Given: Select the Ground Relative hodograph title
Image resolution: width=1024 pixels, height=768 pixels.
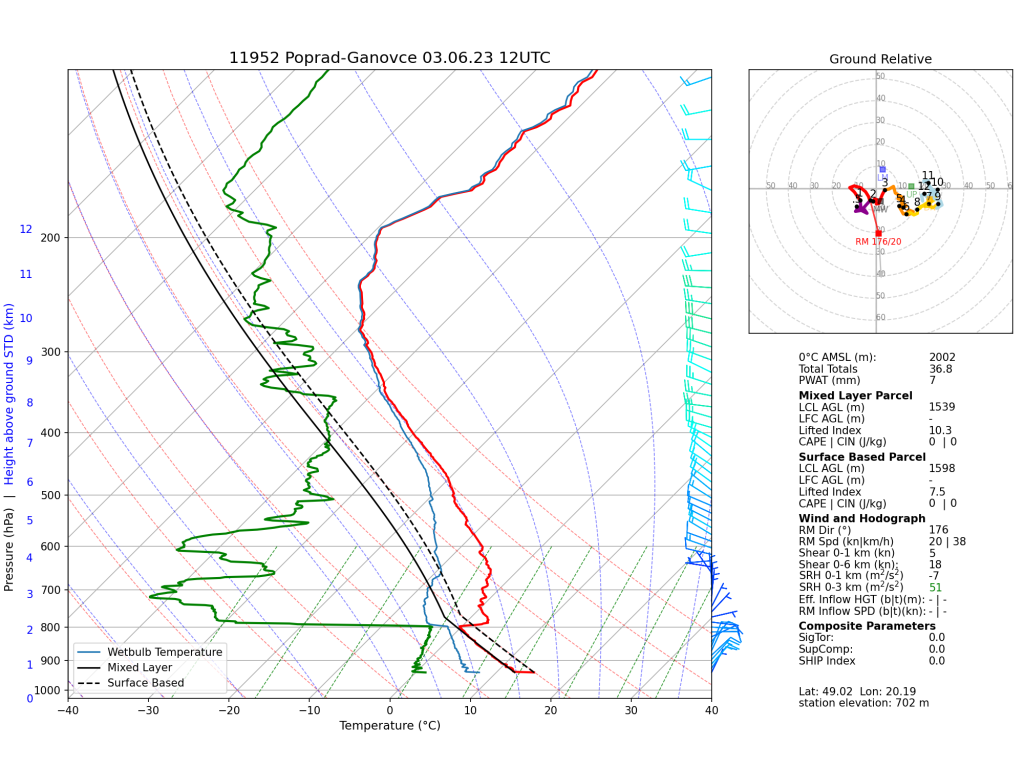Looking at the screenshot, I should pos(880,59).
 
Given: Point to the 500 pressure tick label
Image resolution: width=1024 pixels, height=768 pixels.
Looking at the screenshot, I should pos(51,496).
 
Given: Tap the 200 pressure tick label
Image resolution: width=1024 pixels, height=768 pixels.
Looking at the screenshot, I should pos(51,238).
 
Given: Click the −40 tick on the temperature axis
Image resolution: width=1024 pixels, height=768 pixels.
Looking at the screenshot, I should pos(68,711).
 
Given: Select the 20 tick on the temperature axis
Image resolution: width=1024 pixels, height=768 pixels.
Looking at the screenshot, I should pos(550,711).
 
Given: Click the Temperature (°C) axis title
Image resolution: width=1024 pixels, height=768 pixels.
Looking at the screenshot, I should pos(389,726).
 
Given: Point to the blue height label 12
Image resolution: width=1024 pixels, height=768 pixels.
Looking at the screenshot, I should pos(26,230).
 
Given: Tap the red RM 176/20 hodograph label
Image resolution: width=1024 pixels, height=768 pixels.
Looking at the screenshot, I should pos(878,242).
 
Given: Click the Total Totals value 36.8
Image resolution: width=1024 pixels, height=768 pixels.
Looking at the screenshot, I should pos(940,369).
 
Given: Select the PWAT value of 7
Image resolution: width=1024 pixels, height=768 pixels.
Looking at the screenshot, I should pos(932,381).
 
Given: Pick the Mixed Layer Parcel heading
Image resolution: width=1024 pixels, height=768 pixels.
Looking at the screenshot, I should pos(855,395).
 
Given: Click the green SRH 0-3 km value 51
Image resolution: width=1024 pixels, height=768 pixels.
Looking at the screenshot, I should pos(935,587).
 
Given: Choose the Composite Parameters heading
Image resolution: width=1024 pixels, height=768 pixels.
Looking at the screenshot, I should pos(867,626).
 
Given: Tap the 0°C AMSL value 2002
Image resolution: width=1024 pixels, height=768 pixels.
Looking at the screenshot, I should pos(943,357).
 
